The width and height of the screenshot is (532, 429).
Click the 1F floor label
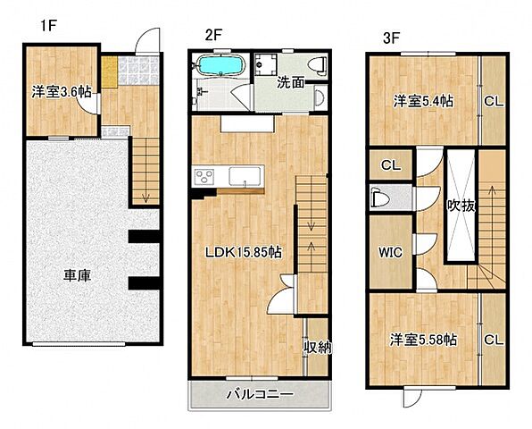click(x=47, y=26)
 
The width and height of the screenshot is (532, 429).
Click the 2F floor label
click(x=212, y=35)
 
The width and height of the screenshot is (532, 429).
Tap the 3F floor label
click(x=391, y=38)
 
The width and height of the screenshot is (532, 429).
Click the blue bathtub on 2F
click(x=218, y=67)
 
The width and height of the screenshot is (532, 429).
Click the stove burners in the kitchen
click(x=203, y=176)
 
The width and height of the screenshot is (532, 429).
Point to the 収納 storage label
click(x=317, y=347)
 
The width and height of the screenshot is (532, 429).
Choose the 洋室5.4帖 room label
click(x=424, y=101)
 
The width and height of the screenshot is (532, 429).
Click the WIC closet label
click(x=391, y=252)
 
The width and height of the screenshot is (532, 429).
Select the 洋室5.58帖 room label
click(x=423, y=340)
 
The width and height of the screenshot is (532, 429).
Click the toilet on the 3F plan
click(x=378, y=198)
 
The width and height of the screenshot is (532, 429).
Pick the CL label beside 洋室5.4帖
click(x=493, y=101)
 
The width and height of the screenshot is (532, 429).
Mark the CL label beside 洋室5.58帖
click(x=493, y=340)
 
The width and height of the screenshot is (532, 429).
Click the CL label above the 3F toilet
click(x=390, y=165)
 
